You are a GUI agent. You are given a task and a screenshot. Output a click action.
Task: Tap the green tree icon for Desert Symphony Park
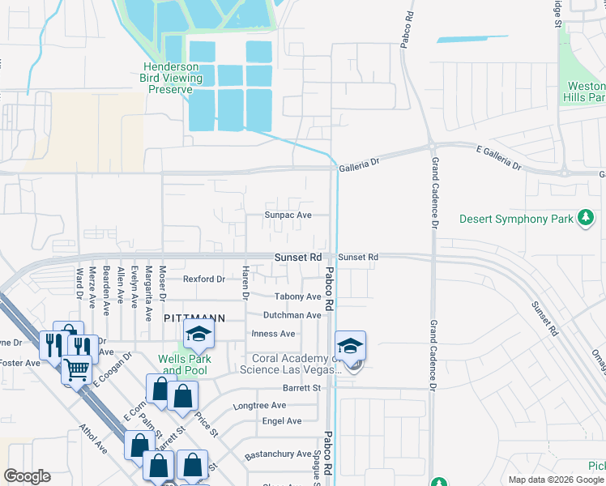[x=585, y=218]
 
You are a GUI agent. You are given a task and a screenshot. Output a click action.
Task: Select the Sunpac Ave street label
[x=288, y=215]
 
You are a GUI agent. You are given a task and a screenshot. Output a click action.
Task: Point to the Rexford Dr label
[x=203, y=279]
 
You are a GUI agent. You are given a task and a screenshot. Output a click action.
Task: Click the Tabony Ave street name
[x=298, y=297]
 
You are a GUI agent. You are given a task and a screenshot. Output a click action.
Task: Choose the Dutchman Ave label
[x=292, y=315]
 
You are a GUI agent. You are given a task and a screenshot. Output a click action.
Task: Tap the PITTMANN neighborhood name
[x=194, y=319]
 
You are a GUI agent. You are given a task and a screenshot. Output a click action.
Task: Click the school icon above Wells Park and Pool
[x=198, y=333]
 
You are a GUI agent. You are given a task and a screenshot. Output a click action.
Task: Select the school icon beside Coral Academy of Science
[x=349, y=346]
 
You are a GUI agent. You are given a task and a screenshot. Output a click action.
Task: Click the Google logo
[x=27, y=476]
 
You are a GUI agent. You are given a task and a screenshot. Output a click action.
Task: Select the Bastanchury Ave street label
[x=279, y=454]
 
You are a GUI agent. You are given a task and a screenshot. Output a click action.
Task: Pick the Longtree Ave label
[x=259, y=405]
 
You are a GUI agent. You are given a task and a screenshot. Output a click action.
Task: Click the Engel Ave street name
[x=282, y=421]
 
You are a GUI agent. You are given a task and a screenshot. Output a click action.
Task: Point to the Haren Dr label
[x=244, y=279]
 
